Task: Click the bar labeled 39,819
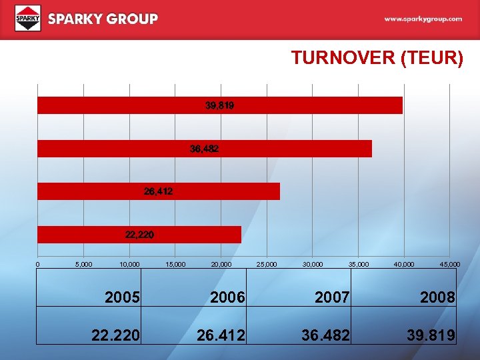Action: (x=219, y=105)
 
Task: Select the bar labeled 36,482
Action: (x=204, y=149)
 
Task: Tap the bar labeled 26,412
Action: (x=158, y=191)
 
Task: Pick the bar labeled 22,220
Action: (x=139, y=235)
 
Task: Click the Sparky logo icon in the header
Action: (x=28, y=19)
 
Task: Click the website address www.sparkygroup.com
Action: (x=423, y=19)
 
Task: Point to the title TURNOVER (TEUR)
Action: (x=377, y=58)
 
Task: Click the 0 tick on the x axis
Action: (x=38, y=265)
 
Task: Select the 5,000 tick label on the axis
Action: (x=84, y=265)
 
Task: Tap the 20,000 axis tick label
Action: (x=221, y=265)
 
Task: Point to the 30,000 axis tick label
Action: (x=313, y=265)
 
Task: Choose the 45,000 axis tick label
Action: (x=449, y=265)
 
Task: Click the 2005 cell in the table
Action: (x=123, y=297)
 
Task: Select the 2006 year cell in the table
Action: (x=227, y=297)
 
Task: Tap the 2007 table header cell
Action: (x=332, y=297)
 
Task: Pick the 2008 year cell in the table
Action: (x=437, y=297)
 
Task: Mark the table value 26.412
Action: (x=221, y=335)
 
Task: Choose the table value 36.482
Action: (x=325, y=335)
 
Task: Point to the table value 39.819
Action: (x=431, y=335)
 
